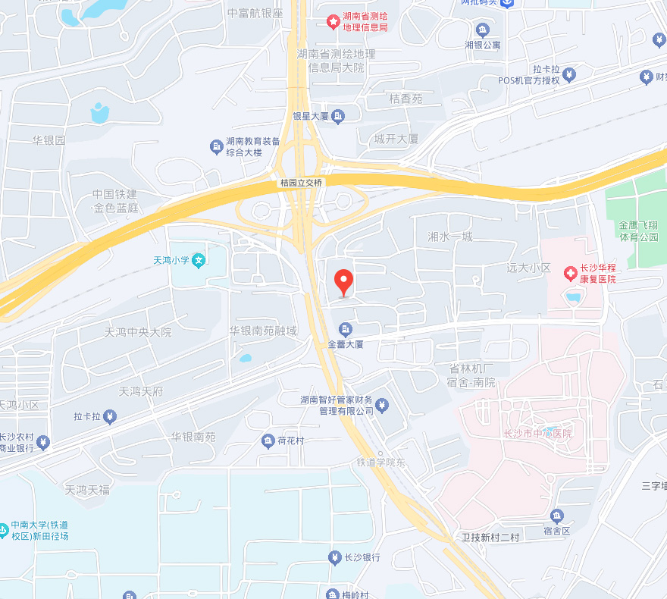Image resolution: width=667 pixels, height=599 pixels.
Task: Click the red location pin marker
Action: point(344,282)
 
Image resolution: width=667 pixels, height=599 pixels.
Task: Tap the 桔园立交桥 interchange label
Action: point(301,183)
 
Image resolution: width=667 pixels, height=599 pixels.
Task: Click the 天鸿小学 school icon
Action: point(199,260)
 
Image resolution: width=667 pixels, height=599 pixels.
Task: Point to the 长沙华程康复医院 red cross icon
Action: point(569,273)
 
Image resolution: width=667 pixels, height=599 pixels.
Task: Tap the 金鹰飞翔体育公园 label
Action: point(638,231)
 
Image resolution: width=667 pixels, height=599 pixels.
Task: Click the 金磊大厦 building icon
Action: point(345,329)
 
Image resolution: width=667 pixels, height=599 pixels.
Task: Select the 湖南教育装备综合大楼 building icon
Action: point(216,146)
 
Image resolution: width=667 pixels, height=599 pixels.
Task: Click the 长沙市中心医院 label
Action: point(538,434)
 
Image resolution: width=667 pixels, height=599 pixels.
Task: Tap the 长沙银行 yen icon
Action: point(334,558)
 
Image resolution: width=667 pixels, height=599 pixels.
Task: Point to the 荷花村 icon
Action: point(268,441)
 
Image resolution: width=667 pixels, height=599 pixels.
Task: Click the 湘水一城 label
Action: point(450,237)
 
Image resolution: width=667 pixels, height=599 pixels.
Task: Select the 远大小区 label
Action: point(529,268)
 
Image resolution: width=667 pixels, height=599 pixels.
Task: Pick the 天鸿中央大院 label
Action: point(138,332)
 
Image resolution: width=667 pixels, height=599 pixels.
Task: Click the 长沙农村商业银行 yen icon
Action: point(43,441)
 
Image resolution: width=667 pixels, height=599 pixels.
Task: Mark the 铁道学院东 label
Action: point(382,462)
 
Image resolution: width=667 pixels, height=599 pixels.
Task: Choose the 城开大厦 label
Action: point(396,140)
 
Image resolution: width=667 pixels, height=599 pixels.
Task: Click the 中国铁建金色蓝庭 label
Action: point(115,201)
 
